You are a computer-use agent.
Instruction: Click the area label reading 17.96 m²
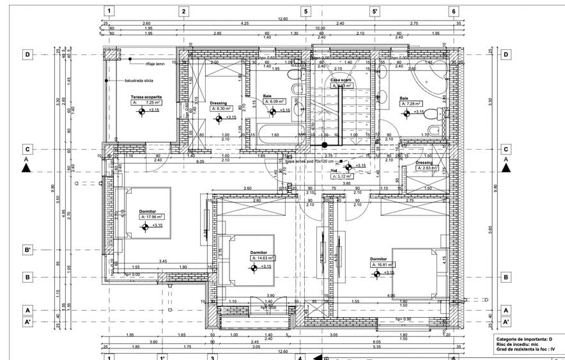pos(152,217)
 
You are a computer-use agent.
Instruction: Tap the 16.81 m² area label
pos(382,265)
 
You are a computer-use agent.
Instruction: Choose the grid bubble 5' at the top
pos(375,11)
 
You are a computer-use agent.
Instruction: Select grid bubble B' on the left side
pos(27,249)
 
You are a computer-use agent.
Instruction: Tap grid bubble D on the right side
pos(506,54)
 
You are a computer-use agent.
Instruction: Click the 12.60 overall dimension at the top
pos(282,19)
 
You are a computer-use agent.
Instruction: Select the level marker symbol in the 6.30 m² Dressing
pos(218,118)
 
